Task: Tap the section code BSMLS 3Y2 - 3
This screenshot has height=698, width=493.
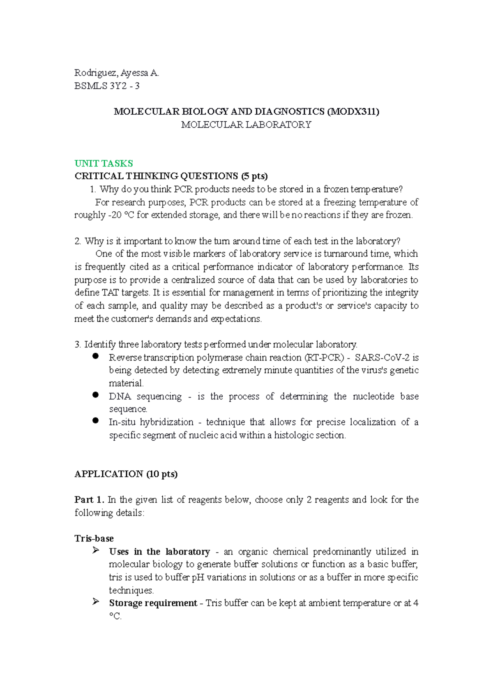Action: coord(107,86)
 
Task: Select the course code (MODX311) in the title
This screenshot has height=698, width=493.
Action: coord(353,111)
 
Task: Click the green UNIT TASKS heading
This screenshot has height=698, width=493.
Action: coord(104,163)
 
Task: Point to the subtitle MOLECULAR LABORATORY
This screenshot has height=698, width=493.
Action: coord(246,125)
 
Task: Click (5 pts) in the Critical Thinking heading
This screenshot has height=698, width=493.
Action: coord(254,176)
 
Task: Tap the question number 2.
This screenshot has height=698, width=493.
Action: coord(78,241)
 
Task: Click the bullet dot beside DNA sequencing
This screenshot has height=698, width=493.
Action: coord(96,395)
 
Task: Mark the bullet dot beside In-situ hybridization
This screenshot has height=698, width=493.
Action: coord(96,421)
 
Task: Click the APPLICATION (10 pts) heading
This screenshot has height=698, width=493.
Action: coord(126,474)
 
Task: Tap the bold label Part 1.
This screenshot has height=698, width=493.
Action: coord(89,500)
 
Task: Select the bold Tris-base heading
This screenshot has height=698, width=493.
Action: coord(94,539)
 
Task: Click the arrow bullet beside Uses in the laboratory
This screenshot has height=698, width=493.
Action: coord(96,550)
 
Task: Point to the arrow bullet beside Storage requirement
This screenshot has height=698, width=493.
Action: coord(96,602)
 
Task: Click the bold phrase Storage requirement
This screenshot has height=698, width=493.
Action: coord(153,603)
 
